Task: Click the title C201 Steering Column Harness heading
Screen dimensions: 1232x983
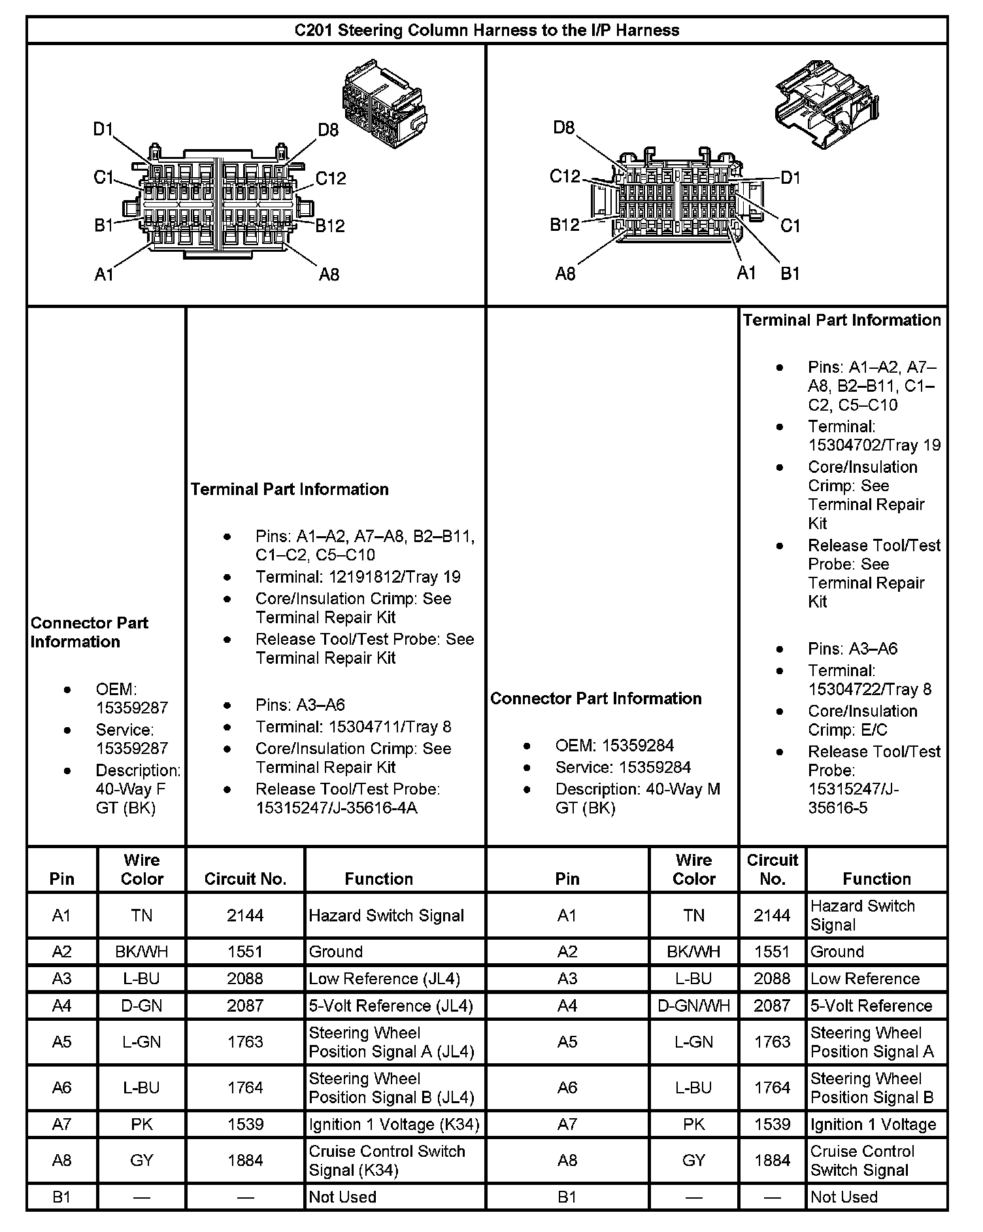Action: coord(487,30)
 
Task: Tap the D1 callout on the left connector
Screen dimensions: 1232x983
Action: coord(103,129)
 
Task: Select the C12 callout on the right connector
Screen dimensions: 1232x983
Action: coord(565,177)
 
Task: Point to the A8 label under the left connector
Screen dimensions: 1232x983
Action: coord(329,275)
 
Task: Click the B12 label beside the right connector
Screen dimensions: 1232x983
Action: coord(565,225)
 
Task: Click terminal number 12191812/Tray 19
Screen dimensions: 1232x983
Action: coord(358,577)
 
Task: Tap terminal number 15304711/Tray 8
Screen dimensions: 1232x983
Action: coord(353,727)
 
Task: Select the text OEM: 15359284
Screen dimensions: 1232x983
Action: coord(614,745)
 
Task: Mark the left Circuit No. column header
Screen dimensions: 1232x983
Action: coord(245,879)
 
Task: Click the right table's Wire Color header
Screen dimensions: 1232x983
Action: coord(693,870)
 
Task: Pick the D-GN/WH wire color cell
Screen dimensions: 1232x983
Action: coord(693,1006)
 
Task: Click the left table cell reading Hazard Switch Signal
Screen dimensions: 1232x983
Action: coord(386,915)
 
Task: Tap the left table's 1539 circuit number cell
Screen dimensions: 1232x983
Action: coord(245,1124)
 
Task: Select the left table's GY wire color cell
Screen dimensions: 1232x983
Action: coord(141,1160)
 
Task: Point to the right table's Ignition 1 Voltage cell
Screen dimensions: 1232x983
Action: coord(873,1124)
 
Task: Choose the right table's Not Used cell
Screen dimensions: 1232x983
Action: coord(844,1197)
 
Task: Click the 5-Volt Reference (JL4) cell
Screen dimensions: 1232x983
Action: coord(390,1006)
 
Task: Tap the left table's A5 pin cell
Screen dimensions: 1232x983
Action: coord(61,1042)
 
